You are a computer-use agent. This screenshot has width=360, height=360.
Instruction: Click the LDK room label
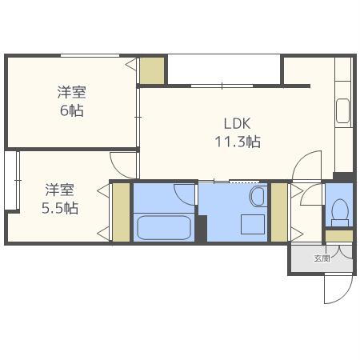pyautogui.click(x=238, y=124)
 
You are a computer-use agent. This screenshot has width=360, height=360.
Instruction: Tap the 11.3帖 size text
pyautogui.click(x=238, y=142)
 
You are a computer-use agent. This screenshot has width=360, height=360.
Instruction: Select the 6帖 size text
pyautogui.click(x=71, y=110)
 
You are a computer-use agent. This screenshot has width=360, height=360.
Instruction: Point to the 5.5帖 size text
pyautogui.click(x=60, y=208)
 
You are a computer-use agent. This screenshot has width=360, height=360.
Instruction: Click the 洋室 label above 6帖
pyautogui.click(x=71, y=92)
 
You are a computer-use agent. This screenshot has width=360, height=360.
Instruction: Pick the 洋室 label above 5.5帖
pyautogui.click(x=60, y=190)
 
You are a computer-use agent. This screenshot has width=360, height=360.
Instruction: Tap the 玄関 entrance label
pyautogui.click(x=322, y=258)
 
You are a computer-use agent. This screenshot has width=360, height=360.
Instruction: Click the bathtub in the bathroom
pyautogui.click(x=163, y=227)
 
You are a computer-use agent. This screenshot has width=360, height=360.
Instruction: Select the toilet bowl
pyautogui.click(x=338, y=211)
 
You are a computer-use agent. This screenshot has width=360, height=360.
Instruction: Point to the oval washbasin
pyautogui.click(x=258, y=195)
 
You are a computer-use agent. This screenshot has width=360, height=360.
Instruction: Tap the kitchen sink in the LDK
pyautogui.click(x=342, y=111)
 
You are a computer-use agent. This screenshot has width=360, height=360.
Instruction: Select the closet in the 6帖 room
pyautogui.click(x=152, y=71)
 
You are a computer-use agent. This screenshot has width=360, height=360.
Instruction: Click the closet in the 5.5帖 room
pyautogui.click(x=121, y=212)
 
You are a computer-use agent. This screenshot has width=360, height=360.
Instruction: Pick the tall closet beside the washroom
pyautogui.click(x=279, y=212)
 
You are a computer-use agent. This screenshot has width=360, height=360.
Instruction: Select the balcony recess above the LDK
pyautogui.click(x=224, y=69)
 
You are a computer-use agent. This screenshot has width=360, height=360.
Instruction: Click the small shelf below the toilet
pyautogui.click(x=340, y=236)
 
